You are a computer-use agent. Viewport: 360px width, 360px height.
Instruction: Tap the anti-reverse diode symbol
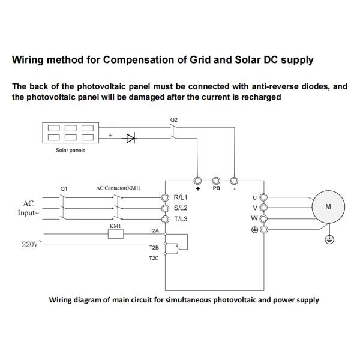click(x=131, y=138)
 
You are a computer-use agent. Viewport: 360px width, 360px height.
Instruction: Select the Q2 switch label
click(x=174, y=120)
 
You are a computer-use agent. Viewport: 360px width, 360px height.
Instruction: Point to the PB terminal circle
click(x=216, y=180)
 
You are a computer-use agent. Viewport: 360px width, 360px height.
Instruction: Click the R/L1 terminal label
click(x=181, y=197)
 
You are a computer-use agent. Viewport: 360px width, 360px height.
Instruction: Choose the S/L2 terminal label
click(x=181, y=208)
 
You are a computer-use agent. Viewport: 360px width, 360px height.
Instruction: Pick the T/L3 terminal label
click(x=181, y=218)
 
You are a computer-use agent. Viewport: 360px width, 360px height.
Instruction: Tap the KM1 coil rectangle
click(x=116, y=235)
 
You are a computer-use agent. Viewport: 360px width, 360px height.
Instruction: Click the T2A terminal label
click(x=154, y=230)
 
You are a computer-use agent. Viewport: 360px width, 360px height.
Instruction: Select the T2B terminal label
click(x=154, y=247)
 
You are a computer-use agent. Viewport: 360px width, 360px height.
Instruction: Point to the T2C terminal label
click(x=154, y=259)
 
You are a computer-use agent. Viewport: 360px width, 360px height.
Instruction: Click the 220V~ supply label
click(x=28, y=244)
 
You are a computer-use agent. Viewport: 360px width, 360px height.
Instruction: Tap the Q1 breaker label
click(x=64, y=188)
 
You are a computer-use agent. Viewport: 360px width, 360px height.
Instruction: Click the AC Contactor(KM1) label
click(x=118, y=188)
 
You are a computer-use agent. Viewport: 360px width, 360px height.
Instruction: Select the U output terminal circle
click(x=263, y=197)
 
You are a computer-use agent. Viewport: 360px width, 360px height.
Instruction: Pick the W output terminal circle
click(x=263, y=218)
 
